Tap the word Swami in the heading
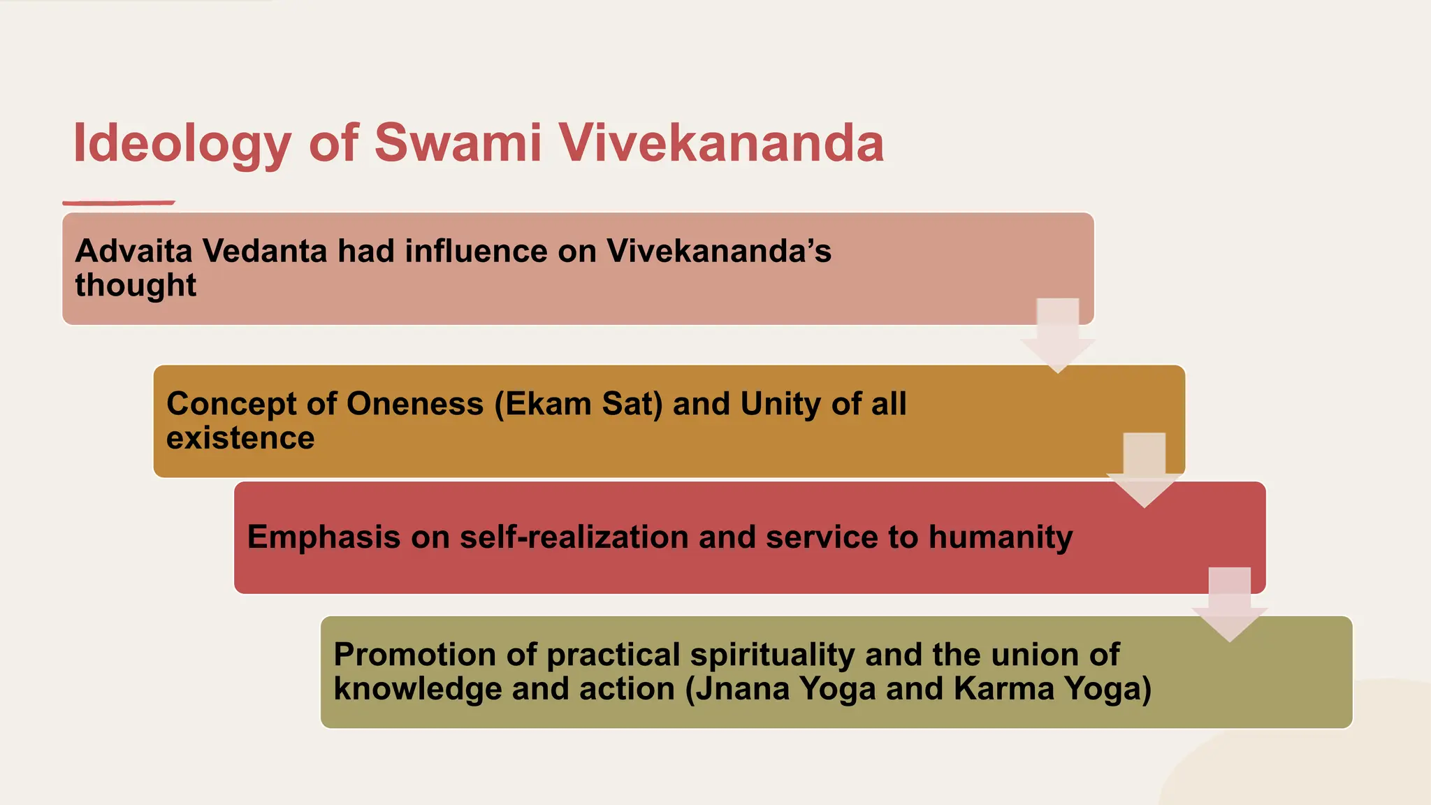click(x=458, y=143)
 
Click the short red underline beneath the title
click(x=119, y=203)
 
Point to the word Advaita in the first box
click(x=133, y=251)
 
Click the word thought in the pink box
click(x=136, y=285)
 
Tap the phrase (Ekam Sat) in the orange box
click(x=578, y=404)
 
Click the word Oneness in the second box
click(x=414, y=404)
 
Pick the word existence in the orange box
click(x=240, y=438)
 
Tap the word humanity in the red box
click(x=1000, y=537)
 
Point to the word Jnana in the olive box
click(x=741, y=689)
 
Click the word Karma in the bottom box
click(x=1003, y=689)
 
